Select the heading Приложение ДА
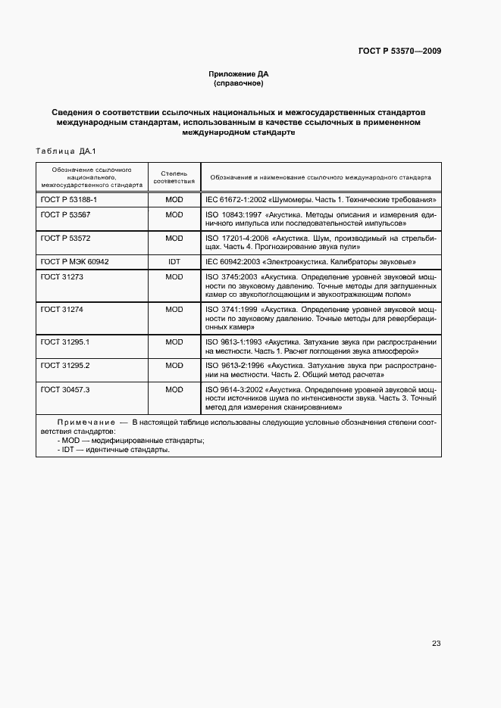tap(239, 74)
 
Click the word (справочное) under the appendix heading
tap(239, 83)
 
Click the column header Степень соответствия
tap(174, 177)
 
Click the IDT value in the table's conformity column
tap(174, 261)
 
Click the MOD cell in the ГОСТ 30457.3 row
tap(174, 389)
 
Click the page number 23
tap(436, 644)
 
